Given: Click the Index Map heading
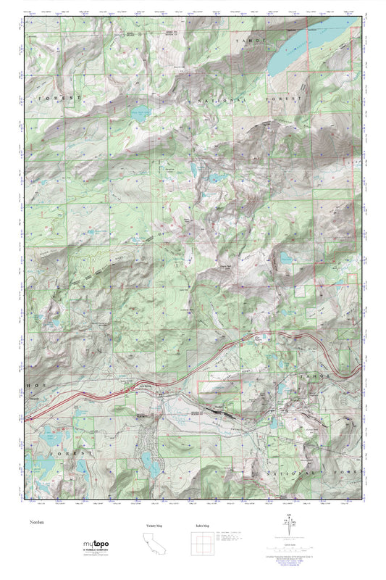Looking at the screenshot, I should coord(203,525).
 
